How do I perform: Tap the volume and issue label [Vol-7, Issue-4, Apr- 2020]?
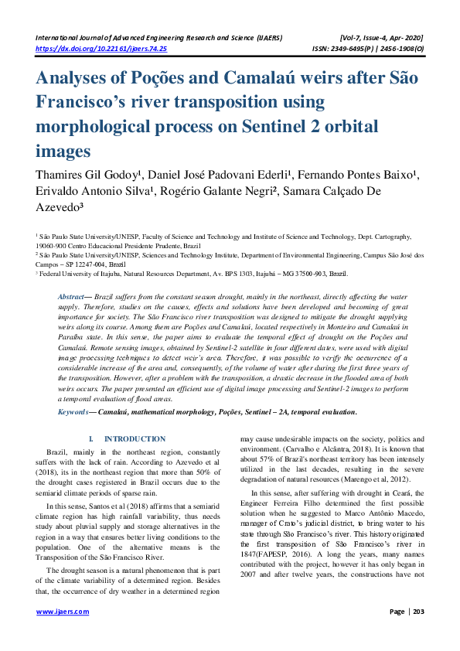381,38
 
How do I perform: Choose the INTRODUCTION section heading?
135,439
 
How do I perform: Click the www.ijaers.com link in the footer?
63,612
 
